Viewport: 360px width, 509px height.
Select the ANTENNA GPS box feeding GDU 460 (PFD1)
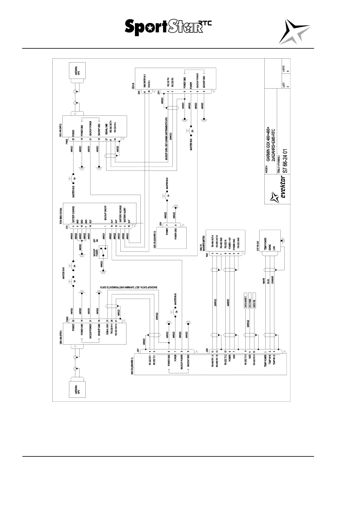(77, 390)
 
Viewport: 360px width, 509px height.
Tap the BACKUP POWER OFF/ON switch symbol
(105, 251)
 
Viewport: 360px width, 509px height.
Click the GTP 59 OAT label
(257, 245)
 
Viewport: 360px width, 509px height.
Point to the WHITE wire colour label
(264, 281)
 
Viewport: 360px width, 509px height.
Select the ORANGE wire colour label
(273, 280)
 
